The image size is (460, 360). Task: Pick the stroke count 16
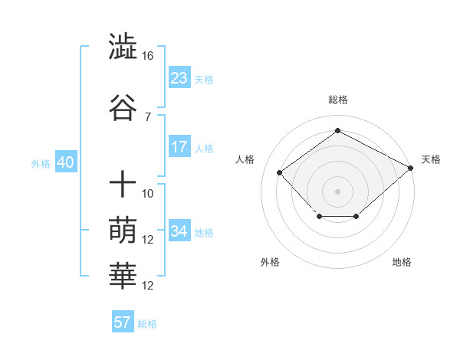pyautogui.click(x=147, y=56)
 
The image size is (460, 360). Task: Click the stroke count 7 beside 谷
pyautogui.click(x=147, y=116)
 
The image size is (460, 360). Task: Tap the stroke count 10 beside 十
pyautogui.click(x=148, y=194)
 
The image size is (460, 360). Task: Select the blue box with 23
pyautogui.click(x=179, y=77)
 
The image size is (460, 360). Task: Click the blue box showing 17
pyautogui.click(x=179, y=147)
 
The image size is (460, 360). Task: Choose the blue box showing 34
pyautogui.click(x=179, y=231)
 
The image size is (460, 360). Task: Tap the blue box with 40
pyautogui.click(x=64, y=162)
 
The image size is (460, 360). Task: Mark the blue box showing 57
pyautogui.click(x=123, y=322)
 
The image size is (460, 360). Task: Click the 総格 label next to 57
pyautogui.click(x=147, y=324)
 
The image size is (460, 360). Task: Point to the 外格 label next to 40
pyautogui.click(x=41, y=163)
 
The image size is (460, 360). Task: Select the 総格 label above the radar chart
pyautogui.click(x=337, y=100)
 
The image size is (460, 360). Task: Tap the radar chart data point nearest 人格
pyautogui.click(x=280, y=172)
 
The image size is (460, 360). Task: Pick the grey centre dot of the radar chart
pyautogui.click(x=337, y=191)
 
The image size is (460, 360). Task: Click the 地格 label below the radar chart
pyautogui.click(x=402, y=262)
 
